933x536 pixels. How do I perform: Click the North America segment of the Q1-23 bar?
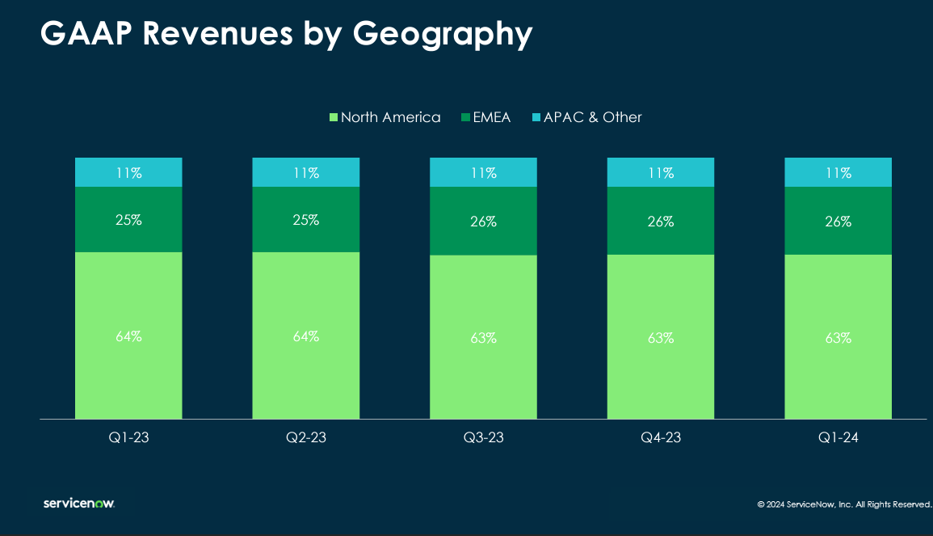128,372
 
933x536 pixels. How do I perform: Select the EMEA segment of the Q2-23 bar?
305,235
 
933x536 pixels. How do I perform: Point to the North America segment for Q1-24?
838,372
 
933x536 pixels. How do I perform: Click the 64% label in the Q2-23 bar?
306,336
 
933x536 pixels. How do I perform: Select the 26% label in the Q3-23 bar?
483,222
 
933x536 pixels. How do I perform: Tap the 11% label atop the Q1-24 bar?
838,173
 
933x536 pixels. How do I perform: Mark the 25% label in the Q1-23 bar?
128,220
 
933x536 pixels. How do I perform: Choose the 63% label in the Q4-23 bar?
661,338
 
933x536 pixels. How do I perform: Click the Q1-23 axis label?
128,438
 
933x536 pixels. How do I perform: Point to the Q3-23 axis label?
483,438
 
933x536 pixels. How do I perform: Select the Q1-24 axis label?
838,438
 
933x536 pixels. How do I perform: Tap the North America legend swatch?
334,118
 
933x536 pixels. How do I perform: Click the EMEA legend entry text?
491,118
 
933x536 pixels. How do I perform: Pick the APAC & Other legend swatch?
536,118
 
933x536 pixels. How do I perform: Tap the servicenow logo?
79,504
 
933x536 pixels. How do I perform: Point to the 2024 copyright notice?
843,504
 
